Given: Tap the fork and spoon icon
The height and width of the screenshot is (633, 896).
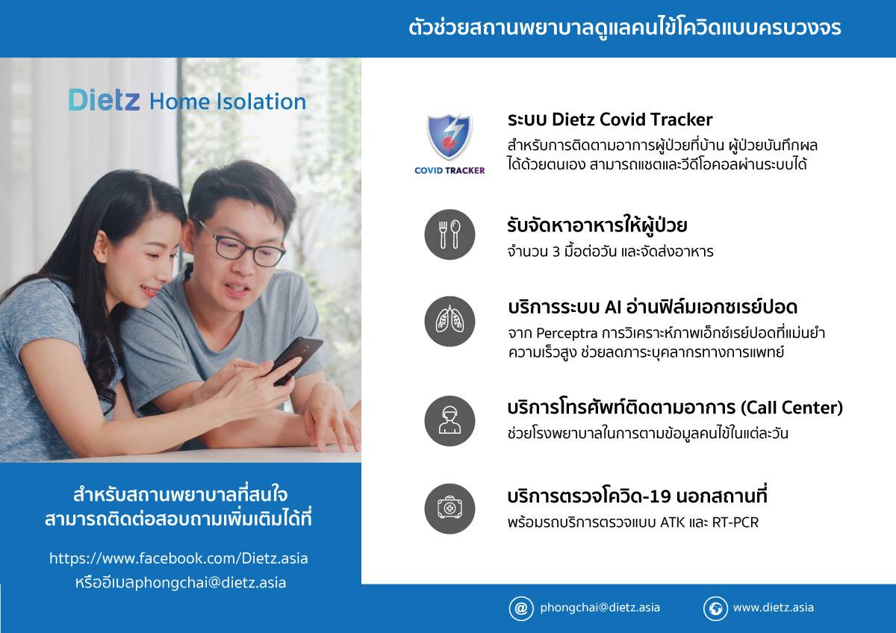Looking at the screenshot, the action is tap(449, 234).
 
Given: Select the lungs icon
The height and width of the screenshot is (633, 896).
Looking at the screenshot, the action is tap(449, 321).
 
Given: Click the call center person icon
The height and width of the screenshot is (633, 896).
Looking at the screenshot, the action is tap(449, 421).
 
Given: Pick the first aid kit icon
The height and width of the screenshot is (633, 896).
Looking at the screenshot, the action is tap(449, 508).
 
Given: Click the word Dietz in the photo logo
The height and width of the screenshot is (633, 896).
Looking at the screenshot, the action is tap(104, 99).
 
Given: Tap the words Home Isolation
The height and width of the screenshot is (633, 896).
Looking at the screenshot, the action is tap(228, 102).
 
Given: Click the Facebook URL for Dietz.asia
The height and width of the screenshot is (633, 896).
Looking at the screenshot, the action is tap(178, 558).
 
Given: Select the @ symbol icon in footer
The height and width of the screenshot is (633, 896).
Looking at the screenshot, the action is tap(521, 608).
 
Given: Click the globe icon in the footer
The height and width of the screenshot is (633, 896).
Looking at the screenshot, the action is tap(715, 608).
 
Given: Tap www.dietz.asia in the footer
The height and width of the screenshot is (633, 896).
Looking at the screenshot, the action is tap(774, 608).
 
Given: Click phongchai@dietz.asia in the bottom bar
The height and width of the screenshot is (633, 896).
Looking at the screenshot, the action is tap(600, 608).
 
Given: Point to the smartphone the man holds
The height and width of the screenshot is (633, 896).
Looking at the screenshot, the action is tap(295, 359).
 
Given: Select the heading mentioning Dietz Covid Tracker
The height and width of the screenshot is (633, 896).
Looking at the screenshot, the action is tap(610, 119).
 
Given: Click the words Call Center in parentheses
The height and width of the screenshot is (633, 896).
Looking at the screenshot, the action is tap(791, 408).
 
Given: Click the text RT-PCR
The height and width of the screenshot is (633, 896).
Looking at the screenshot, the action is tap(735, 523).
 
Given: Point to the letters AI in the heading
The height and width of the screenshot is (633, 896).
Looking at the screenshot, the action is tap(613, 307).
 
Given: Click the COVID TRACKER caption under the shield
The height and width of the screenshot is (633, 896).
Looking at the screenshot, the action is tap(449, 170).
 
